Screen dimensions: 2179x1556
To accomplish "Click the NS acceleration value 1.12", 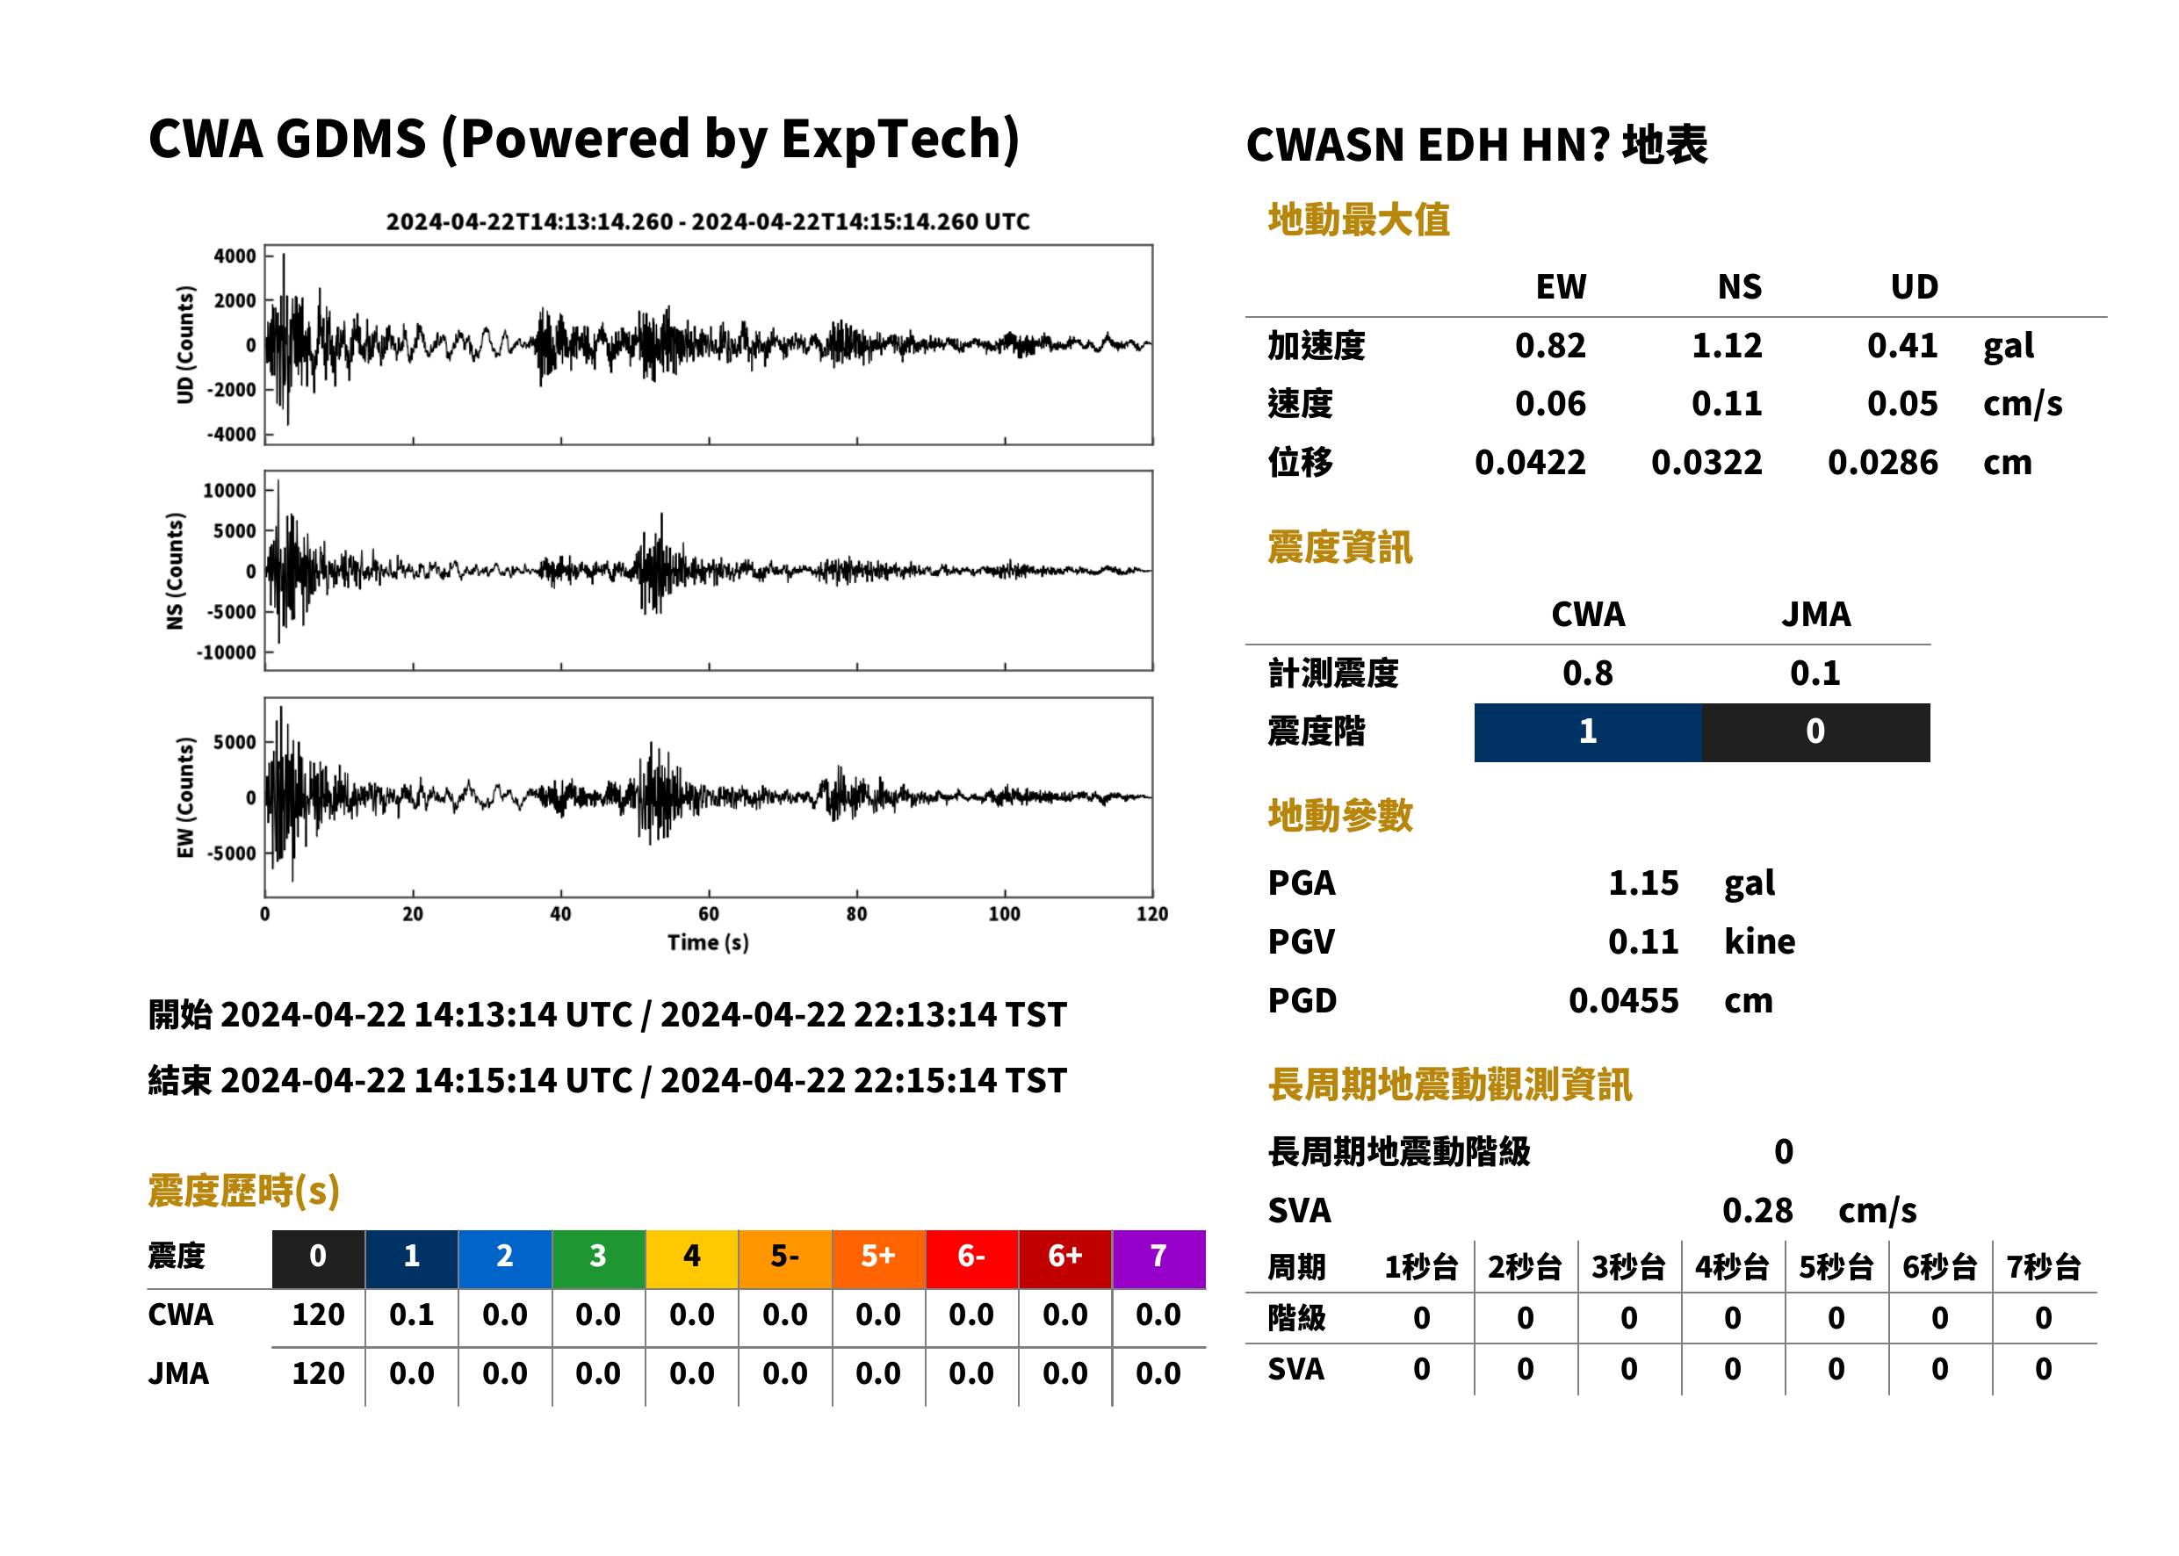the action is pos(1726,345).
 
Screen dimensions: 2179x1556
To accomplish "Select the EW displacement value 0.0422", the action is pos(1529,462).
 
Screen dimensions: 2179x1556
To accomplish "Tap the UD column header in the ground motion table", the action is pos(1914,286).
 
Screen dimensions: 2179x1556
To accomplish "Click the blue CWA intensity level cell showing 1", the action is pos(1588,732).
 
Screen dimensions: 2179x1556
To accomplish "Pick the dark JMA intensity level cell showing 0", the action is pos(1816,732).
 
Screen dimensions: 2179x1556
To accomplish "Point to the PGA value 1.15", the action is pos(1643,882).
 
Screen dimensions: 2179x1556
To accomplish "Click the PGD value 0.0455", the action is pos(1623,1000).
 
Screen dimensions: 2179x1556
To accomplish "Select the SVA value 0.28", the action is pos(1757,1210).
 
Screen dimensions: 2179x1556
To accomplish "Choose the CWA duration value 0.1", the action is pos(411,1315).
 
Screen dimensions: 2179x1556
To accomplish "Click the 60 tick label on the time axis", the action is pos(708,914).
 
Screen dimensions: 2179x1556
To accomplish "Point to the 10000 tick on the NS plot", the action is pos(229,491).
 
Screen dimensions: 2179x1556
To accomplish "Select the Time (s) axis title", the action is pos(708,942).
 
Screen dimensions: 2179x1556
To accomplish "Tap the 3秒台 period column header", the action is pos(1628,1268).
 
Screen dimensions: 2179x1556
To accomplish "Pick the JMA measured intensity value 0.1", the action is pos(1815,673).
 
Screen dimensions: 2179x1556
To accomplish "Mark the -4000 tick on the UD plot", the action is pos(231,434).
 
